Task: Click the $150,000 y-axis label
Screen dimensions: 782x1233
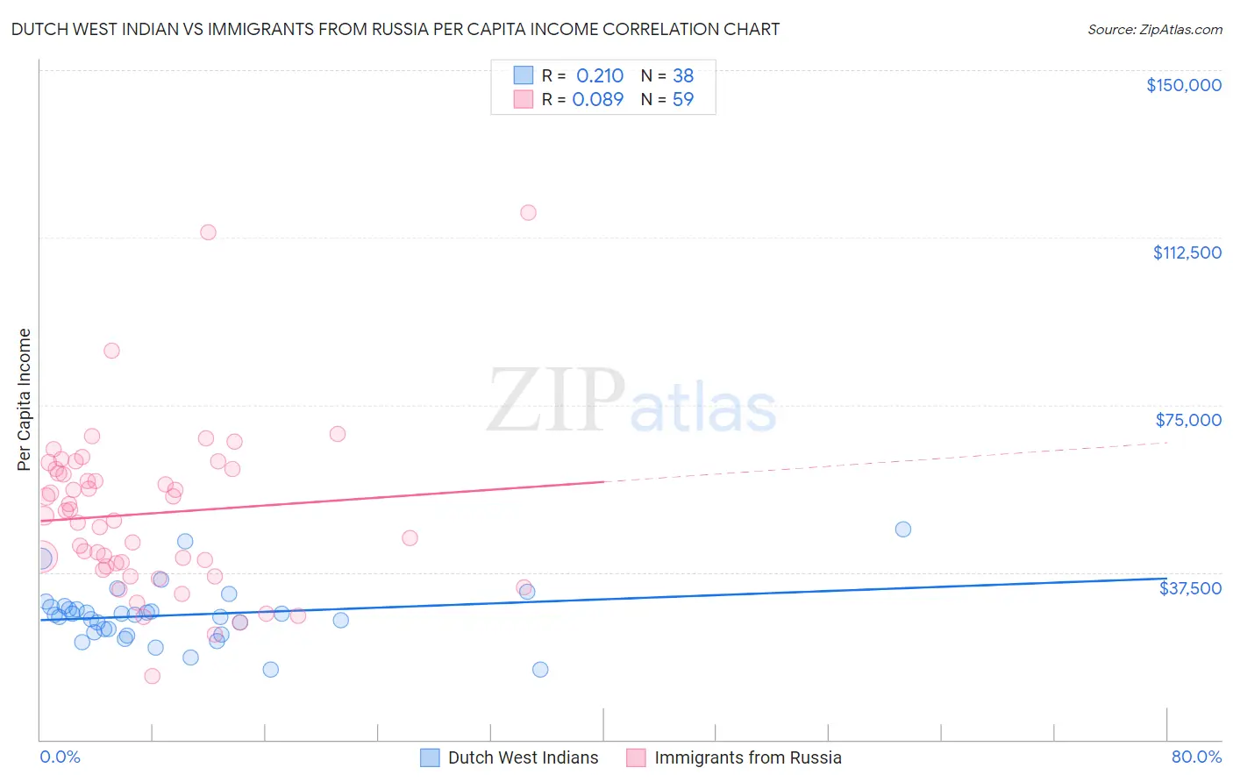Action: coord(1183,85)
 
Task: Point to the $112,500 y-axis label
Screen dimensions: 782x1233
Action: coord(1187,252)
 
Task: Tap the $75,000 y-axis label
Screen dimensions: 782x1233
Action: coord(1187,420)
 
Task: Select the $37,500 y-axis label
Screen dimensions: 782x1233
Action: coord(1189,588)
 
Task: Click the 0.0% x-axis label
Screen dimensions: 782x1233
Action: coord(60,757)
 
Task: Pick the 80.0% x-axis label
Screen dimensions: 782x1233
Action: coord(1196,757)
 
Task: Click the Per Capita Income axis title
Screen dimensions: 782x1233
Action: coord(25,399)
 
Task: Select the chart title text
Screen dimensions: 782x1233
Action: coord(395,29)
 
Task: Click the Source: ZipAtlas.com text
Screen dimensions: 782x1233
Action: coord(1154,30)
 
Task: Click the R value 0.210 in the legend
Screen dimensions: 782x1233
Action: coord(599,76)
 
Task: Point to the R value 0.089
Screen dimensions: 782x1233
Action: coord(597,100)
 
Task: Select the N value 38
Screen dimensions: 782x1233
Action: coord(682,76)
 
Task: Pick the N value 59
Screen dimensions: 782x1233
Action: coord(682,100)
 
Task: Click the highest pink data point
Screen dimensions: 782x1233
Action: coord(528,212)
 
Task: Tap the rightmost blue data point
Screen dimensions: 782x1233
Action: coord(902,530)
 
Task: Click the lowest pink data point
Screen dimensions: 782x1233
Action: coord(152,676)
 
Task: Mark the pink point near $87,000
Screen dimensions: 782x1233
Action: coord(111,351)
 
